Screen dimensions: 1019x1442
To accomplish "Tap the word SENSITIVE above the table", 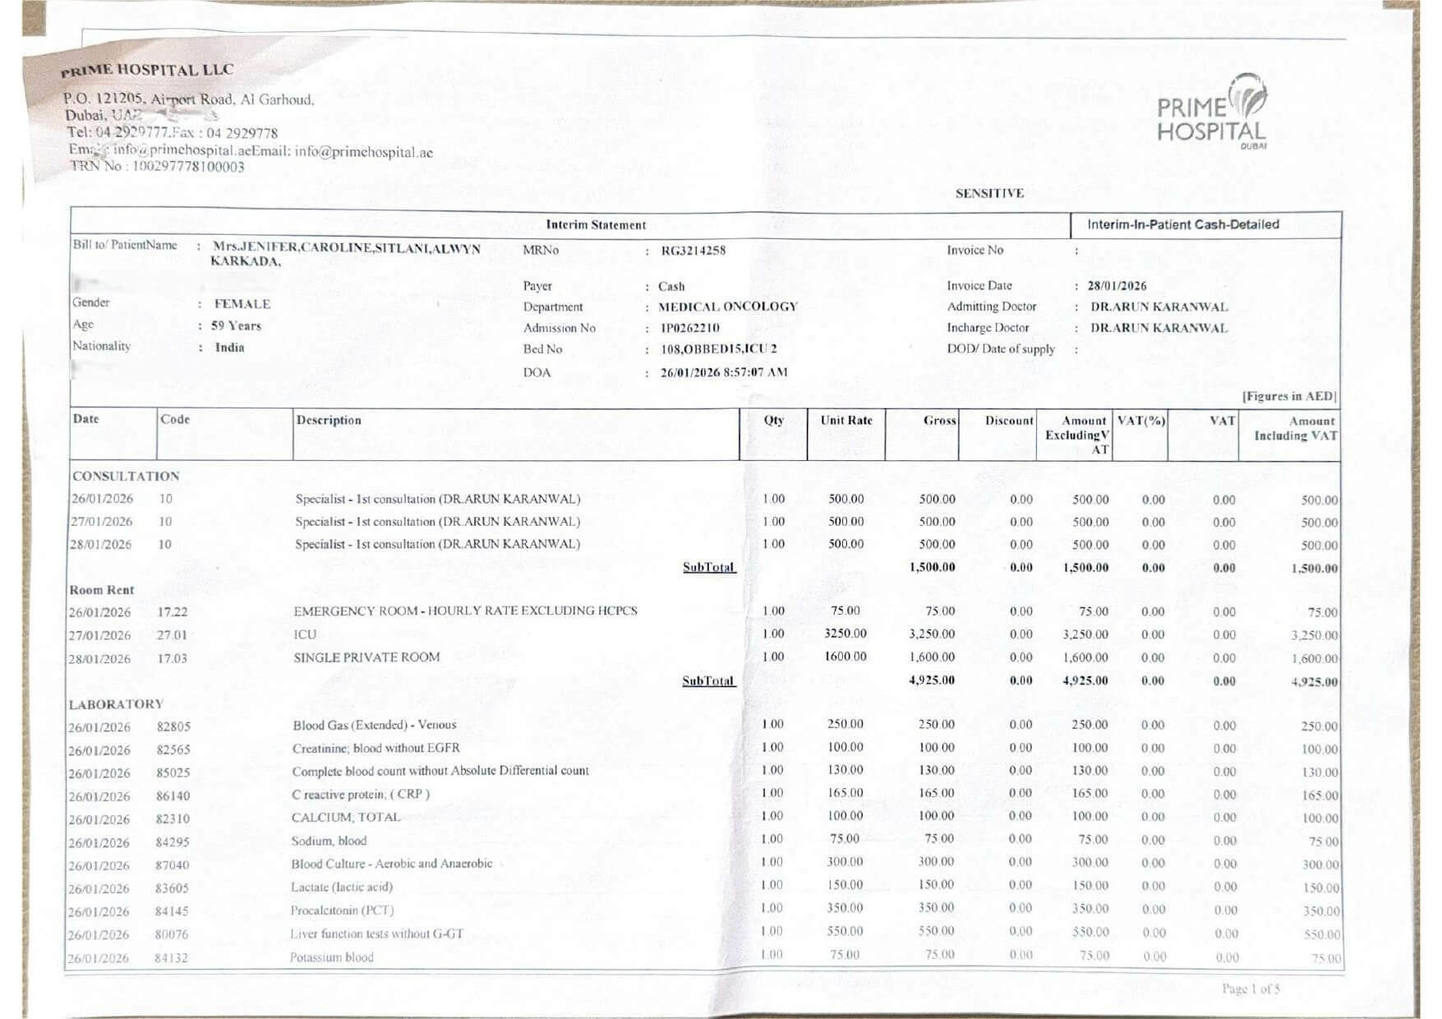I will click(x=989, y=194).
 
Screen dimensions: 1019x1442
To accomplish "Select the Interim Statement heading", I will click(x=596, y=225).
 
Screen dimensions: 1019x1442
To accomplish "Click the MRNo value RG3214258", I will click(x=693, y=251).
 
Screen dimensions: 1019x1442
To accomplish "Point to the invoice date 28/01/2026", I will click(x=1117, y=286).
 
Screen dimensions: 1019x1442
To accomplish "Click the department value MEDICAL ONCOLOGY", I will click(x=728, y=307).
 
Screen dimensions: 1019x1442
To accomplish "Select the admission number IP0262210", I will click(x=690, y=328).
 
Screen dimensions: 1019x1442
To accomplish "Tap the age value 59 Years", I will click(x=236, y=325).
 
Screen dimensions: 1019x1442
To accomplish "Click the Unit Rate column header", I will click(x=846, y=420).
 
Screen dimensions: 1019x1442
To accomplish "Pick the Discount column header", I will click(x=1009, y=421).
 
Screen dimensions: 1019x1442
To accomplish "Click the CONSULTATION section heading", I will click(x=126, y=477).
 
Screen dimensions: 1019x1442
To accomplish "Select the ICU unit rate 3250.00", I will click(x=845, y=634).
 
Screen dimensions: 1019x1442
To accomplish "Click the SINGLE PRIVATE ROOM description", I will click(x=366, y=657).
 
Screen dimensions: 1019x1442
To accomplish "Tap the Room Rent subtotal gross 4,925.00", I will click(x=932, y=680).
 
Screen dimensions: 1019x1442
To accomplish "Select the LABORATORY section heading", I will click(x=116, y=704).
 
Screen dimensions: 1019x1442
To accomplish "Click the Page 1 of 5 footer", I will click(x=1251, y=989).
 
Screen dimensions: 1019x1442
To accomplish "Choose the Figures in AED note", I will click(x=1288, y=396).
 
